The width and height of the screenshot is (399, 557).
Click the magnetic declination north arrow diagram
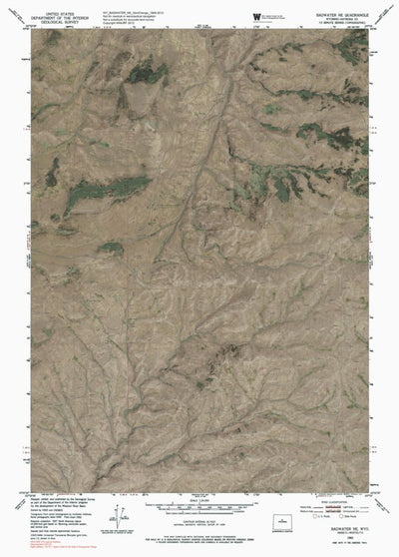pos(121,513)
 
